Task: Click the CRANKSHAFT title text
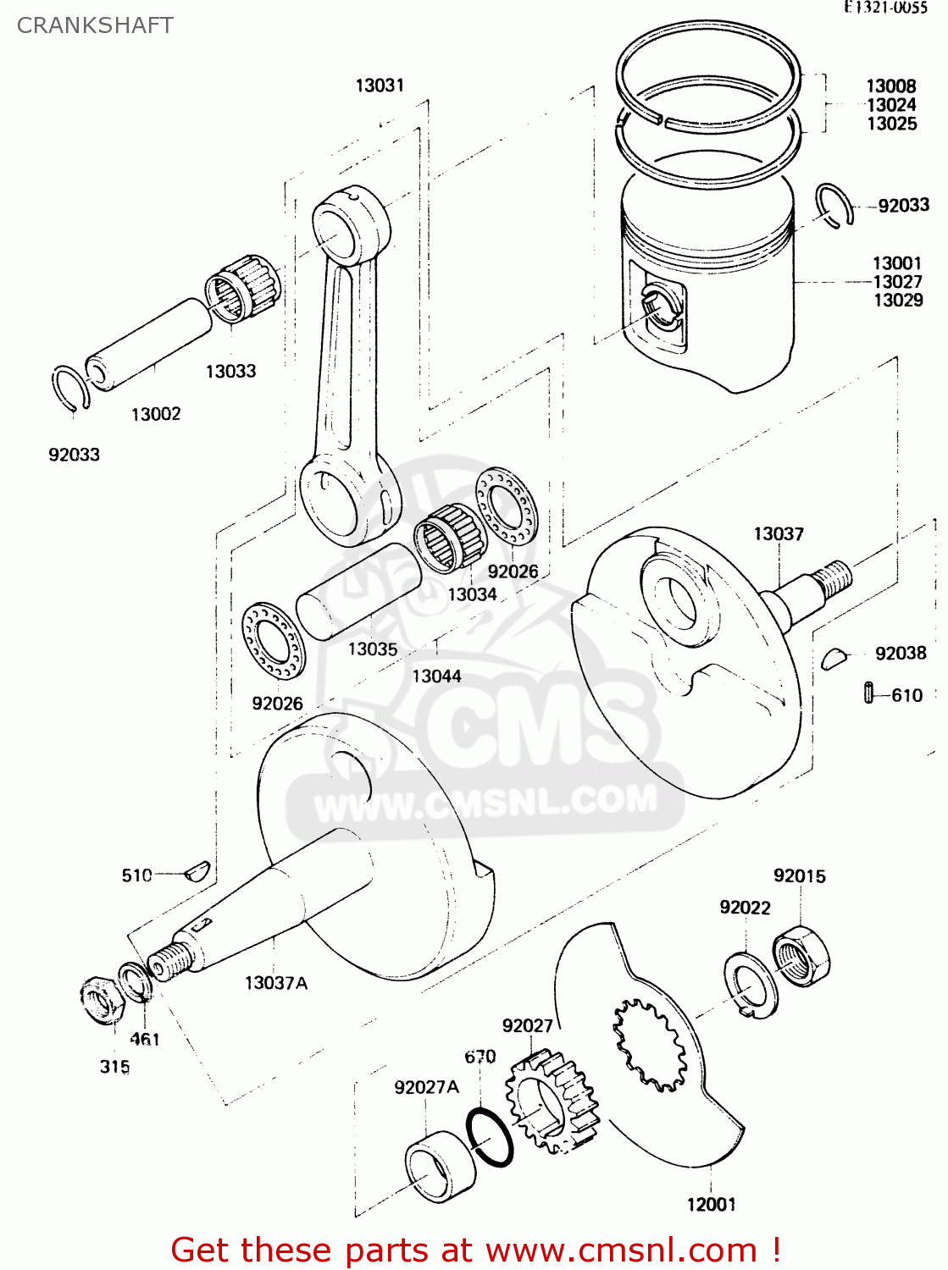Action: (x=95, y=25)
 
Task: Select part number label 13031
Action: (x=380, y=86)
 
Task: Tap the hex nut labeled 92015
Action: (x=801, y=955)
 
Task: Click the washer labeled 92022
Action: (x=751, y=985)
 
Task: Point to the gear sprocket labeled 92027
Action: (x=552, y=1102)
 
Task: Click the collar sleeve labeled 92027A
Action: (x=439, y=1166)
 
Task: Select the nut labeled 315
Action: (x=102, y=999)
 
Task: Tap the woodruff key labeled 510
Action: (x=198, y=871)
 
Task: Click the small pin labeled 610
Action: (x=868, y=693)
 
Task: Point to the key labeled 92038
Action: (x=834, y=657)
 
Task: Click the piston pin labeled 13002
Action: (x=148, y=344)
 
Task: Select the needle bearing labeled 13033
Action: (x=243, y=288)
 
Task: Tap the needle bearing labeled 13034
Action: (x=449, y=535)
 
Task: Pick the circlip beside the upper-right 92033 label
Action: (x=834, y=205)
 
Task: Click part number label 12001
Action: (x=711, y=1204)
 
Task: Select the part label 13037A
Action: (x=275, y=983)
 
